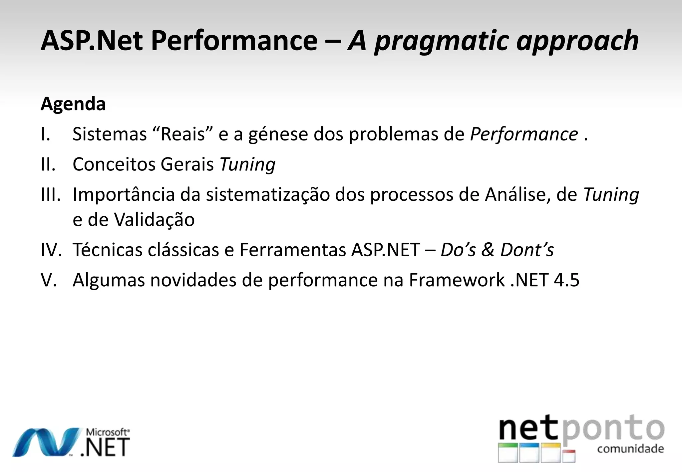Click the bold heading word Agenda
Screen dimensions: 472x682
click(73, 104)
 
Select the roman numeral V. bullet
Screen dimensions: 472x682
click(49, 280)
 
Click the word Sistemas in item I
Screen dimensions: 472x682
click(110, 134)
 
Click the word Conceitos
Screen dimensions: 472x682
click(114, 164)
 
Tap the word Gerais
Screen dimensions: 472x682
click(187, 165)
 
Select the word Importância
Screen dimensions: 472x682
click(124, 195)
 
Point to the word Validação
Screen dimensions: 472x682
click(154, 220)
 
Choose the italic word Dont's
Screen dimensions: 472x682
click(527, 250)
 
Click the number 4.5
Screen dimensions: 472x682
click(566, 280)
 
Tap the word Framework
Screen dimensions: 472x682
click(457, 280)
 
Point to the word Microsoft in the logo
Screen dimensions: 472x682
click(107, 432)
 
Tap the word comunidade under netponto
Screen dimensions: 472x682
click(630, 449)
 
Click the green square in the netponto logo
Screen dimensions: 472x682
click(508, 452)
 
